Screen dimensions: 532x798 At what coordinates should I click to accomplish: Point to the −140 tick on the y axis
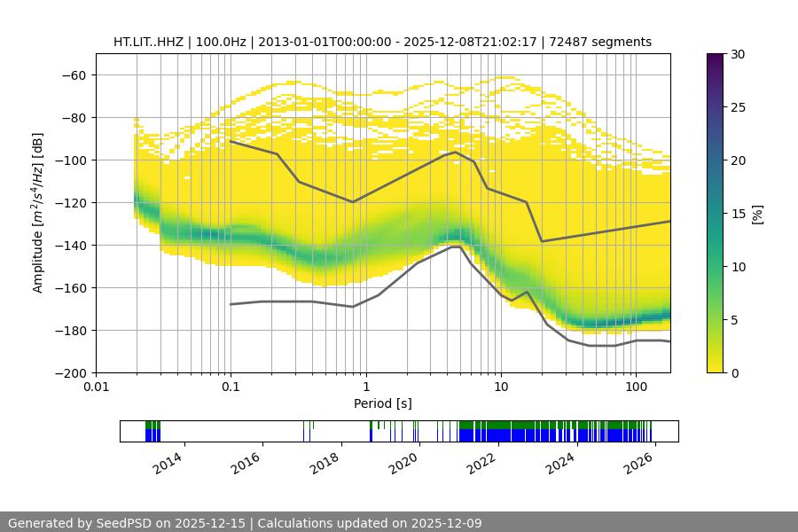(x=72, y=246)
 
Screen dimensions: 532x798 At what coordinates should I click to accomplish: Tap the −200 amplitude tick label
(x=72, y=373)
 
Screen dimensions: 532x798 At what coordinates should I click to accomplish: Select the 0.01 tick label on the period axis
(x=96, y=387)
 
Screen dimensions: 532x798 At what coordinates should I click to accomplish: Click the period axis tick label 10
(x=501, y=387)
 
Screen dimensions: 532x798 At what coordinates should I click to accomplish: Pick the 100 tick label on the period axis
(x=636, y=387)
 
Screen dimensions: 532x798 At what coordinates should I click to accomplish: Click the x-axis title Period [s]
(x=383, y=404)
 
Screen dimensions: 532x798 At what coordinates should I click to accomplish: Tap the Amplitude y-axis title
(x=38, y=213)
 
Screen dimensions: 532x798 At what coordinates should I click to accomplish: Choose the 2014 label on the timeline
(x=168, y=464)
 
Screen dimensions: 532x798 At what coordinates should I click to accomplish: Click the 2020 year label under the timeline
(x=403, y=464)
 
